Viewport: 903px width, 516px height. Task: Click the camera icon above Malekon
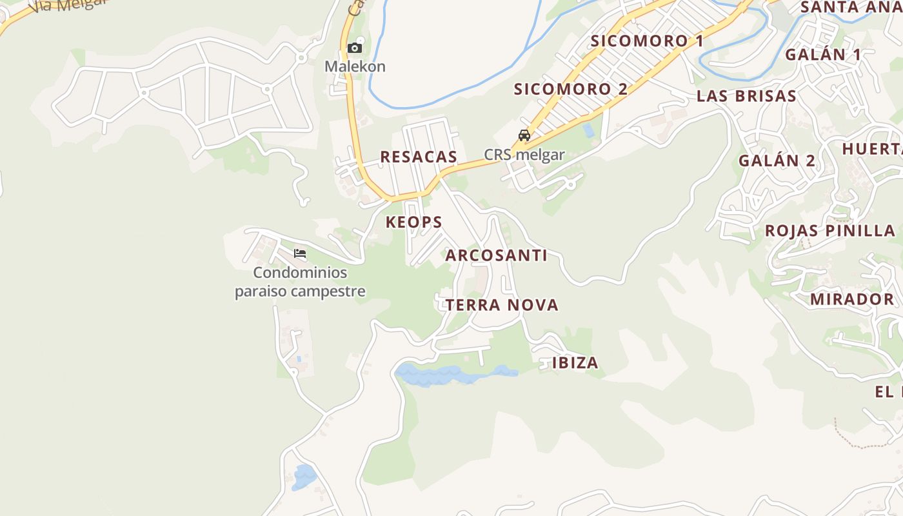tap(354, 48)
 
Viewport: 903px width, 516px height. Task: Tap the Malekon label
tap(355, 66)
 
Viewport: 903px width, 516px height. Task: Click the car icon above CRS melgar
tap(524, 135)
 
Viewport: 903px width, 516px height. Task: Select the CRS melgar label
tap(524, 155)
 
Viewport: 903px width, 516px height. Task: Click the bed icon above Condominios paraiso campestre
tap(300, 253)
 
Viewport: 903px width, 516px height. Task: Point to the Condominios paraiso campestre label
tap(300, 282)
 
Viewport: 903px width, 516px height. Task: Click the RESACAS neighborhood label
tap(419, 157)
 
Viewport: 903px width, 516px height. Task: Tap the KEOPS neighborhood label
tap(414, 223)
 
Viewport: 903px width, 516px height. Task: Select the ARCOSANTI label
tap(496, 255)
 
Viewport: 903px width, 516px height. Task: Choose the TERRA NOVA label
tap(502, 305)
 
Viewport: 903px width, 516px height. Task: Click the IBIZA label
tap(575, 363)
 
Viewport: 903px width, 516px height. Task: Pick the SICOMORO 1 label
tap(647, 41)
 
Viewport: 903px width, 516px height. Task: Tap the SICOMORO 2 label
tap(571, 89)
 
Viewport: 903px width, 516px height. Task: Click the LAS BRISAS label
tap(746, 96)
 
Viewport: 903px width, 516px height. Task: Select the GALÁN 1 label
tap(822, 54)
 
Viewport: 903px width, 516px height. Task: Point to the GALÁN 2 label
tap(777, 161)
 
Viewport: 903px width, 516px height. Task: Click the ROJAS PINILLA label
tap(830, 231)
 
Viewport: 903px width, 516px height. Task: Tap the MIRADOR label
tap(851, 299)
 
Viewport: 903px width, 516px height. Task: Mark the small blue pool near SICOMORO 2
tap(588, 130)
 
